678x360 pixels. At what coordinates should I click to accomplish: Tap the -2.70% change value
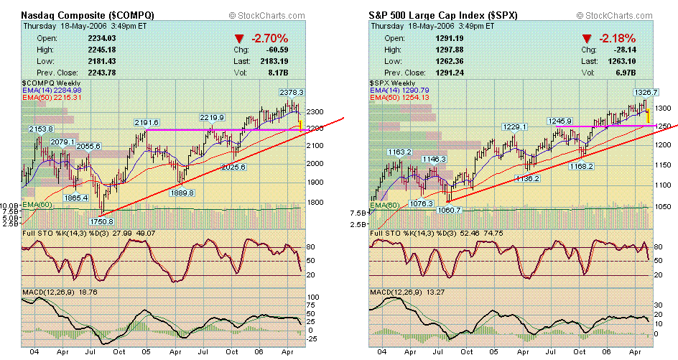coord(269,37)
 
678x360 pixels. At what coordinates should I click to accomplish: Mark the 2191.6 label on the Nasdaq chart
coord(146,123)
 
